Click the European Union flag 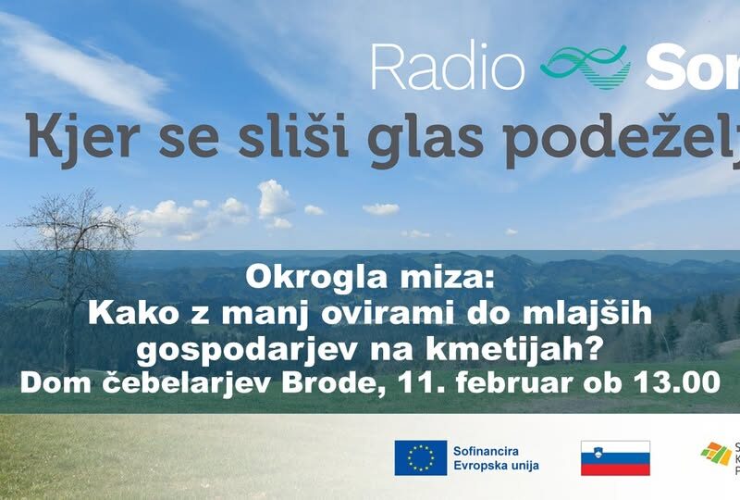coord(421,457)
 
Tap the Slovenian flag coord(615,457)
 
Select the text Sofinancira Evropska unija coord(495,457)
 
